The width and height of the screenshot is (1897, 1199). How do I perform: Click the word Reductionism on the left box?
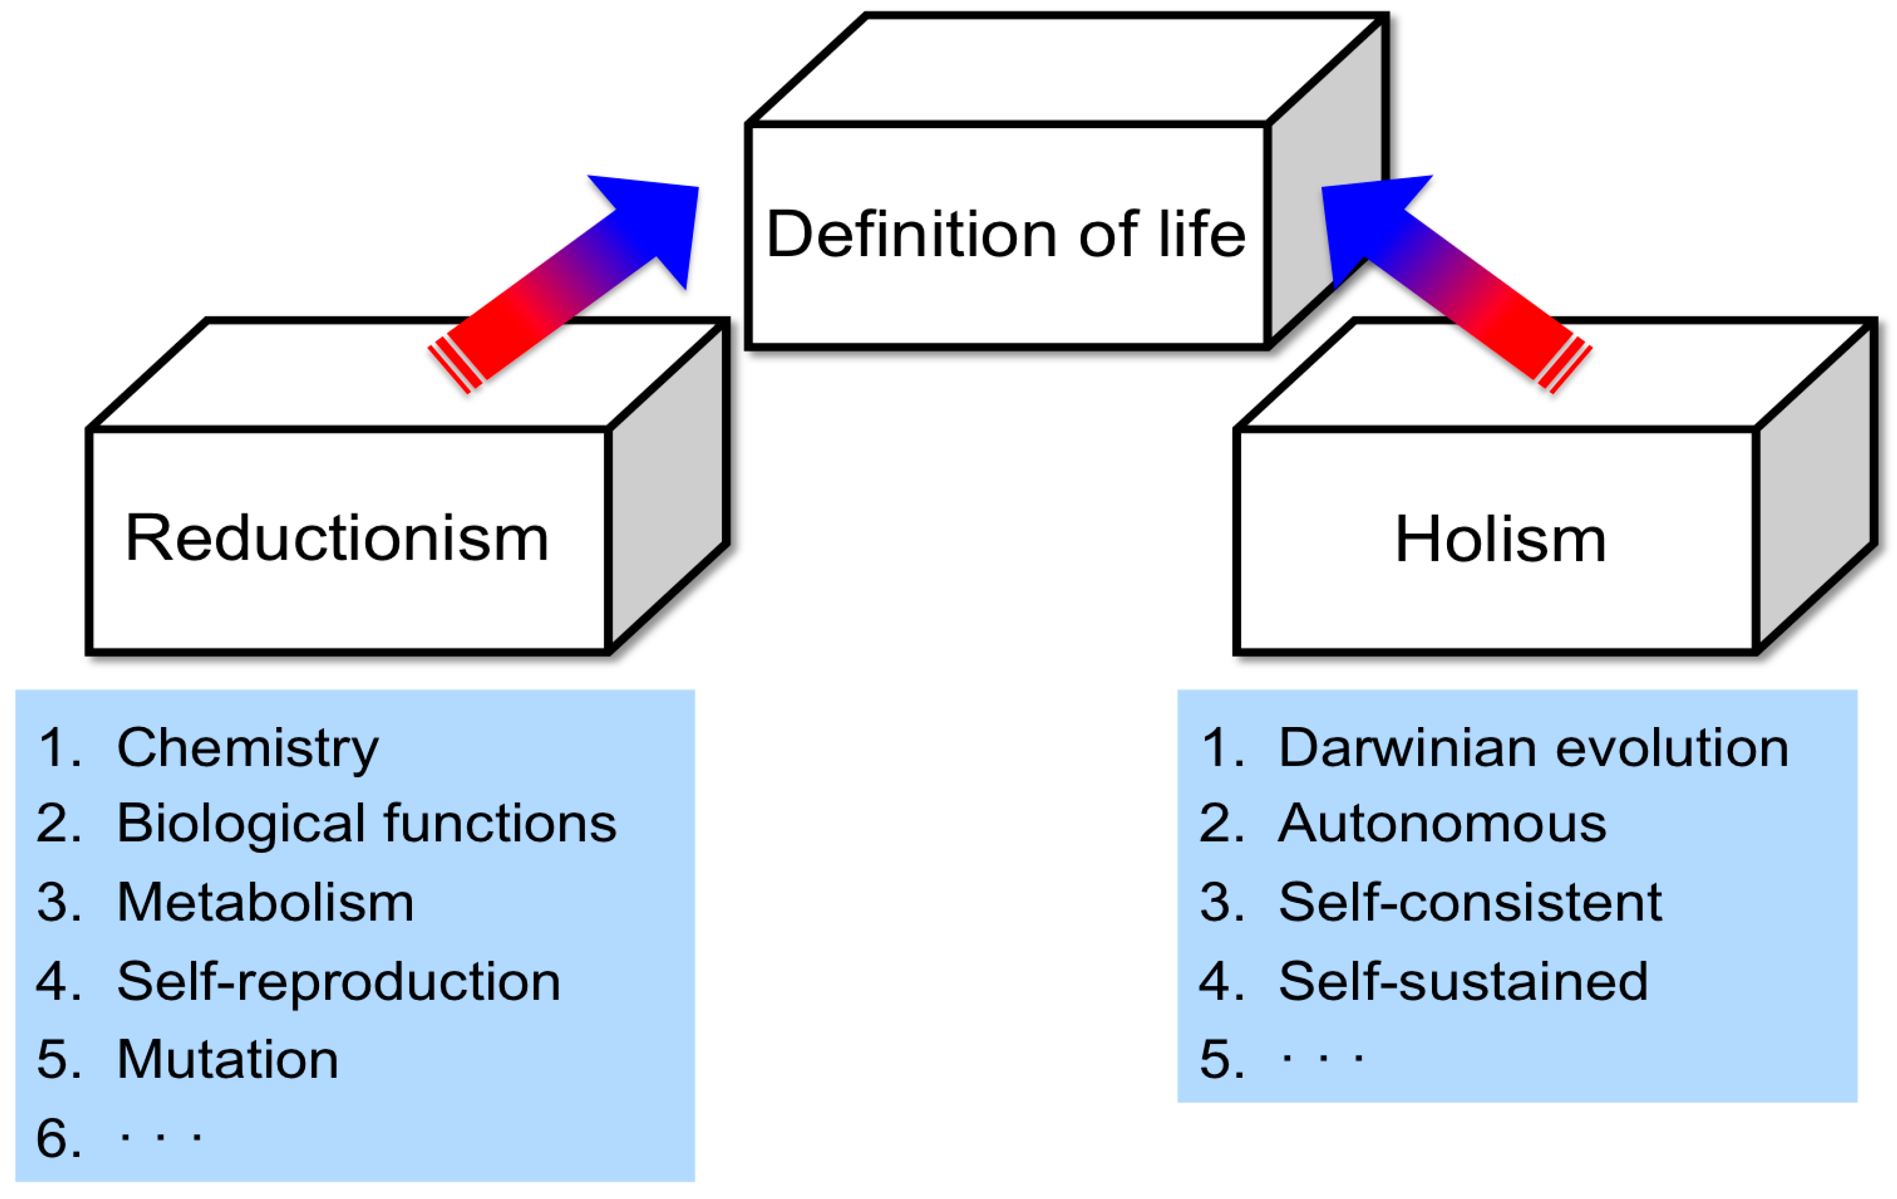tap(337, 539)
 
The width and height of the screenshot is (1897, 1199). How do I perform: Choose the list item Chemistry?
tap(248, 748)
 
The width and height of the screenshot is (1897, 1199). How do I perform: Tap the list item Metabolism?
tap(265, 903)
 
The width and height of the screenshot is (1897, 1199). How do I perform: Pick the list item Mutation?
tap(228, 1059)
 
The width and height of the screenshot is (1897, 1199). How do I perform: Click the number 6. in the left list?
tap(58, 1139)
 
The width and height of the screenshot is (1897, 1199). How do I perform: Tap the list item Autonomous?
tap(1442, 825)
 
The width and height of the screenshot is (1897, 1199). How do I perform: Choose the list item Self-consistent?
tap(1469, 903)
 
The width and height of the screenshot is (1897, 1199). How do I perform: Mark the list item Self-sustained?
tap(1463, 981)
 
